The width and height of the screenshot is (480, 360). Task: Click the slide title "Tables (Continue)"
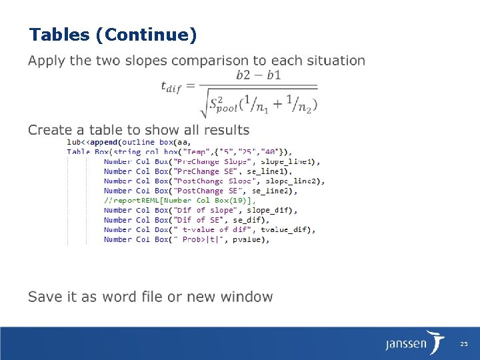point(113,34)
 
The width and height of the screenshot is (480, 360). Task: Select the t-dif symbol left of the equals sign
point(171,85)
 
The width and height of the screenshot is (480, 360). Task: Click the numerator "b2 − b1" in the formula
point(259,75)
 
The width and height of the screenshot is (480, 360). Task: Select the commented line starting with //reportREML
point(179,200)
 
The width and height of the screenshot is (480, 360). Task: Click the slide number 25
point(464,344)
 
